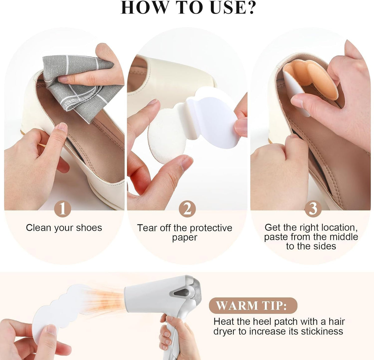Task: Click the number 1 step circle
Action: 62,209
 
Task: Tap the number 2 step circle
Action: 187,209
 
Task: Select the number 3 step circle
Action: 313,209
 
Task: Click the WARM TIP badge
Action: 253,305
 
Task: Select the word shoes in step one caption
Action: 89,228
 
